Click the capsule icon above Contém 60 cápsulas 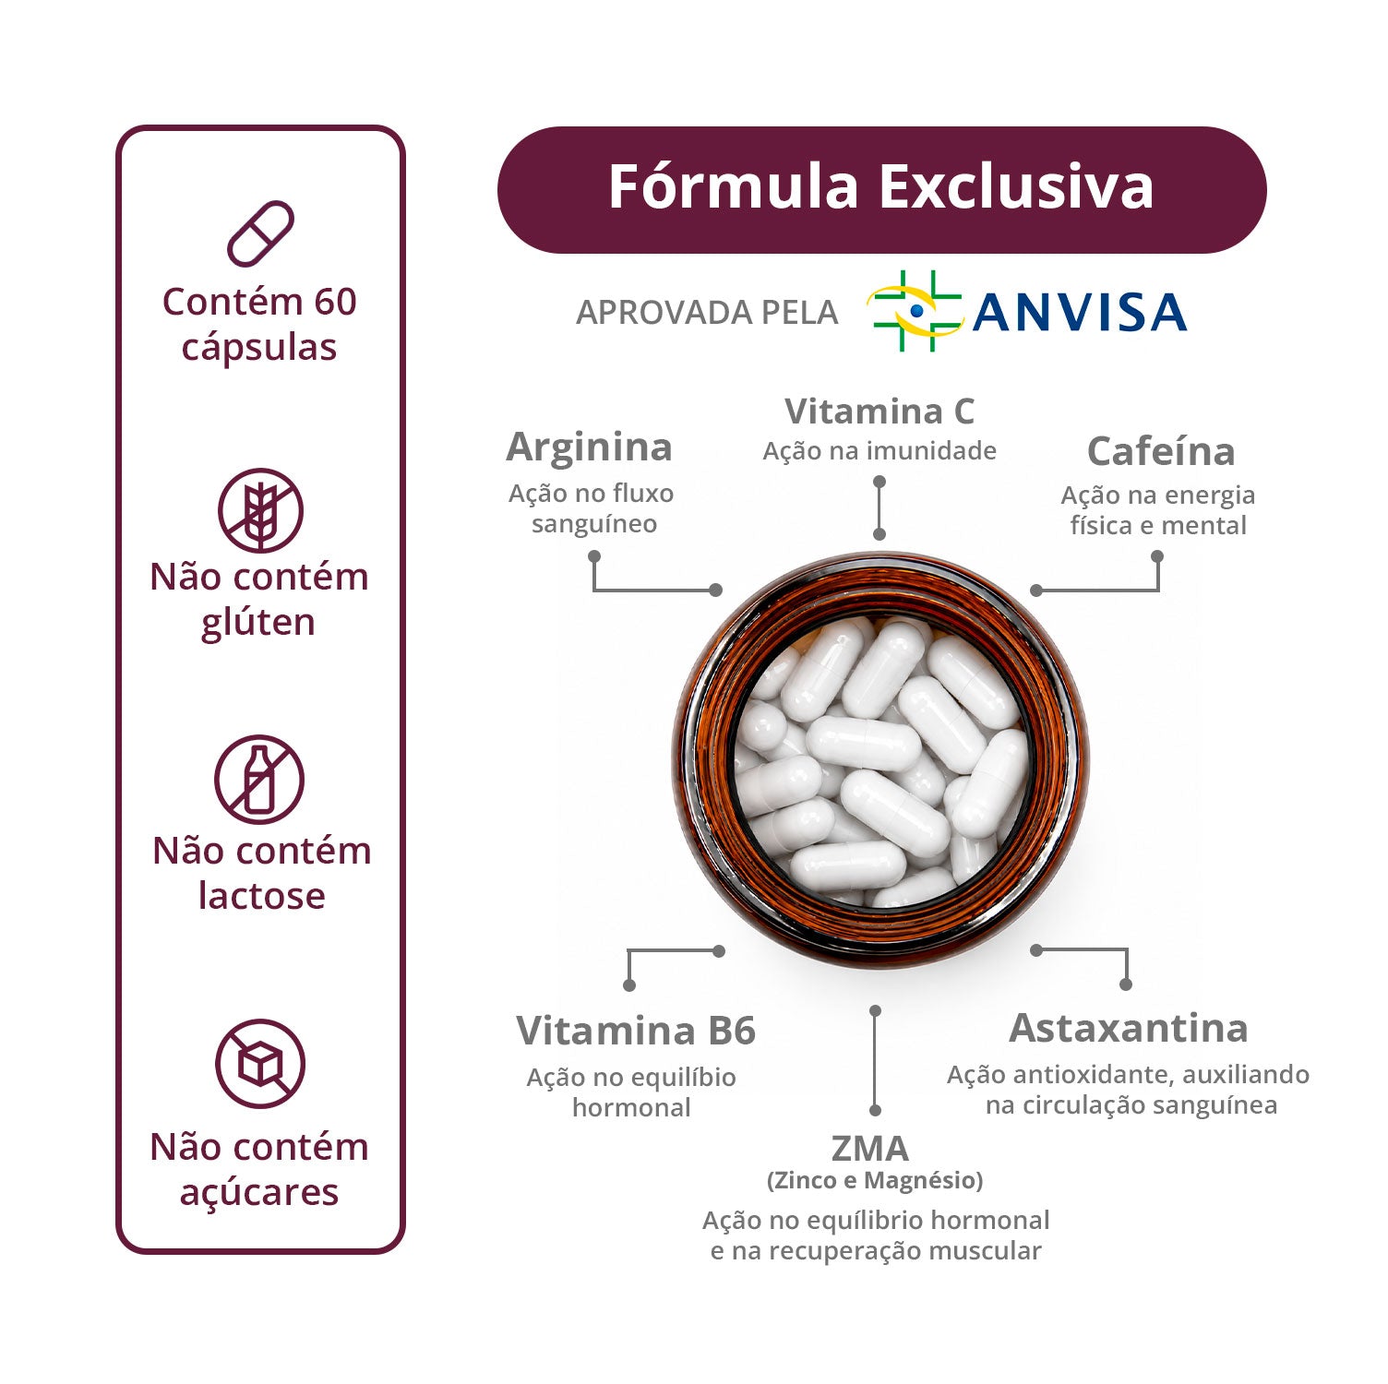(260, 234)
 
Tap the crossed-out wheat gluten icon (260, 510)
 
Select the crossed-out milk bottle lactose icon (259, 780)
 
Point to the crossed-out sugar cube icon (260, 1064)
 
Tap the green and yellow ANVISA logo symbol (914, 311)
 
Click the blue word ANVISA (1080, 312)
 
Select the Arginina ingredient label (590, 447)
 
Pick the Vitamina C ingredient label (879, 411)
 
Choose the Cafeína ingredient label (1161, 451)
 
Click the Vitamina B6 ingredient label (636, 1031)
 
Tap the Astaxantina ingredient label (1129, 1028)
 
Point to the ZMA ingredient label (870, 1149)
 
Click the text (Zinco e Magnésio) (875, 1180)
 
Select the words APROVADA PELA (707, 313)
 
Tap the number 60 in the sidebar (335, 302)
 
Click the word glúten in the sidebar (258, 623)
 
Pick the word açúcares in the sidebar (259, 1193)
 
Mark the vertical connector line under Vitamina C (879, 507)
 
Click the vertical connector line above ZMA (875, 1061)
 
